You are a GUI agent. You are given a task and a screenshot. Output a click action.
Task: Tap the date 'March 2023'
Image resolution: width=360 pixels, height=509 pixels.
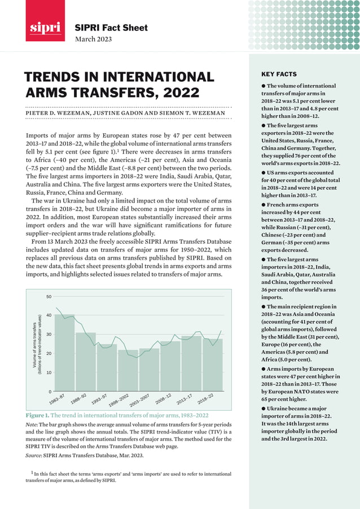coord(94,39)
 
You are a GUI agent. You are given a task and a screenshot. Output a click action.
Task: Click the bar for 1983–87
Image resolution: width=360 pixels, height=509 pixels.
coord(64,353)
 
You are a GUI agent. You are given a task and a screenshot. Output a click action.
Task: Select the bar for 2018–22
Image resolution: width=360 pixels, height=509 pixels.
coord(212,365)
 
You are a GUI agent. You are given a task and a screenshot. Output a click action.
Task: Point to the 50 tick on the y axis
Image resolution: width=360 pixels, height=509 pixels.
coord(49,296)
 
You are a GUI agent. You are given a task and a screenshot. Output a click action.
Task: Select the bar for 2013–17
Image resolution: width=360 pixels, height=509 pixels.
coord(191,363)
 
